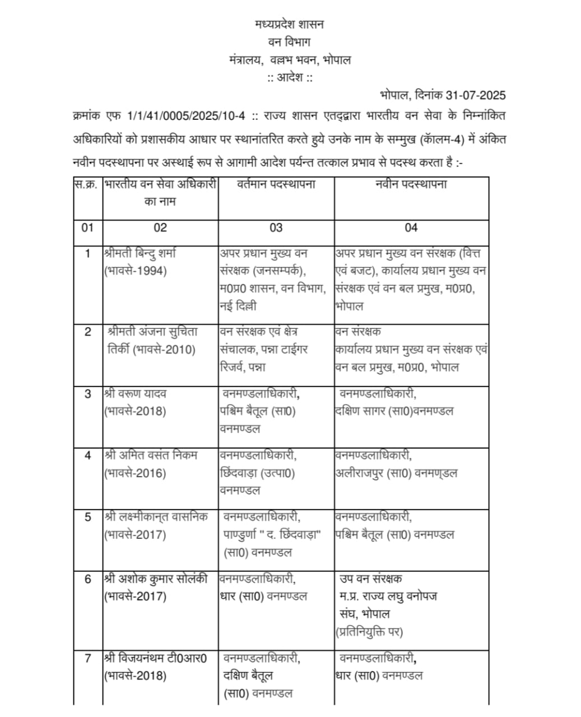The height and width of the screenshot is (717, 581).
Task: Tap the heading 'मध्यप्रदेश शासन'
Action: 289,25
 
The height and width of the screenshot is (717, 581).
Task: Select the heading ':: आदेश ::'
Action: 290,77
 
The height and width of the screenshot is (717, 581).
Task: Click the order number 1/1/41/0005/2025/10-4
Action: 187,116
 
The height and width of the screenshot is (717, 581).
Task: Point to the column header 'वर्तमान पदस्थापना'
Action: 276,184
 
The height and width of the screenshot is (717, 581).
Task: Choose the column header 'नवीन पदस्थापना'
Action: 411,184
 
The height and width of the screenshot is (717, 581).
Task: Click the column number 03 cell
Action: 276,228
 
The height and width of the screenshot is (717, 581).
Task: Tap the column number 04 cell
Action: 411,228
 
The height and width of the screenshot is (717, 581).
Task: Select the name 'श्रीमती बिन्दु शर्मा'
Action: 141,253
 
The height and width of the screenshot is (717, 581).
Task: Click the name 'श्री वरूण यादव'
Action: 135,394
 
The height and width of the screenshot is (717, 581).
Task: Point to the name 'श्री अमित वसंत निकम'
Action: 151,455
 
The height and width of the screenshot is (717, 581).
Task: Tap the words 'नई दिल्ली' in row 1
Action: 239,307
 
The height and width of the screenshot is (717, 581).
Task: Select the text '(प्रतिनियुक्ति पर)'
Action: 369,632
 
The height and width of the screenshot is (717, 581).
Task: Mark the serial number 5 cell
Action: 87,517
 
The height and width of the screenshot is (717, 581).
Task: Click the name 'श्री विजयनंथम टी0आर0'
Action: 155,658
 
